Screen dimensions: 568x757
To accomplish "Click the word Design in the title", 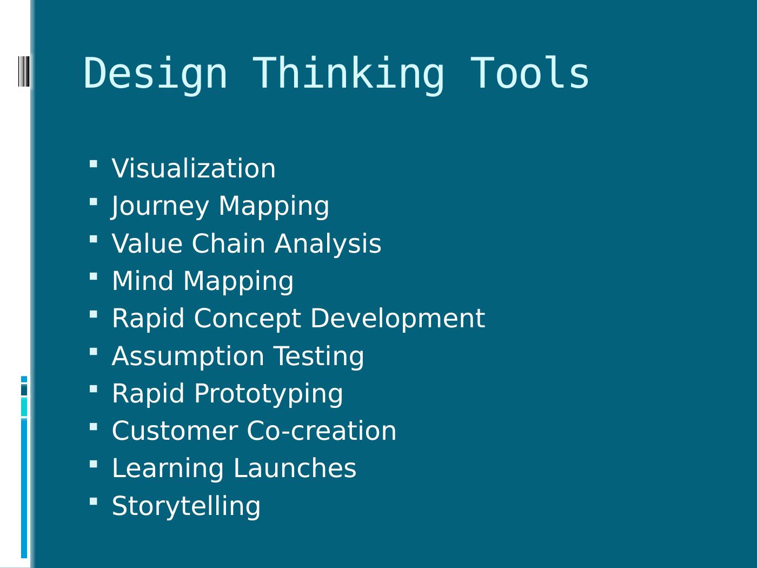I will coord(155,74).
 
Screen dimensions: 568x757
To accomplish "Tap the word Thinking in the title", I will coord(349,74).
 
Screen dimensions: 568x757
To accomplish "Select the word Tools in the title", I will coord(529,74).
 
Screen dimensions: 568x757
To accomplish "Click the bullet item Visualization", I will coord(194,168).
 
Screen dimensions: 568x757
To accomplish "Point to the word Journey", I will coord(160,206).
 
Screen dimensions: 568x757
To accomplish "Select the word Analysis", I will coord(328,243).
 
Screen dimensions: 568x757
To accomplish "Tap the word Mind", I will coord(143,281).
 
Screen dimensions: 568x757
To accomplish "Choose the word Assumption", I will coord(188,356).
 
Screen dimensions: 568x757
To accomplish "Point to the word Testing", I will coord(319,356).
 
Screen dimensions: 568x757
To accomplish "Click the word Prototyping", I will coord(268,393).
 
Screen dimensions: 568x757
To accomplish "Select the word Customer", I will coord(175,431).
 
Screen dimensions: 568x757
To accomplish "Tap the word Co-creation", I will coord(321,431).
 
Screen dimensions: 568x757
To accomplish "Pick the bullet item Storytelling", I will coord(186,506).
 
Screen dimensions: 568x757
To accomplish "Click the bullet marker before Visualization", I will coord(94,163).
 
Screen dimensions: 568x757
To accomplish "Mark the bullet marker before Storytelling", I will coord(94,501).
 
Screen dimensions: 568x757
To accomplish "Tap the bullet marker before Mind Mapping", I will coord(94,276).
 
